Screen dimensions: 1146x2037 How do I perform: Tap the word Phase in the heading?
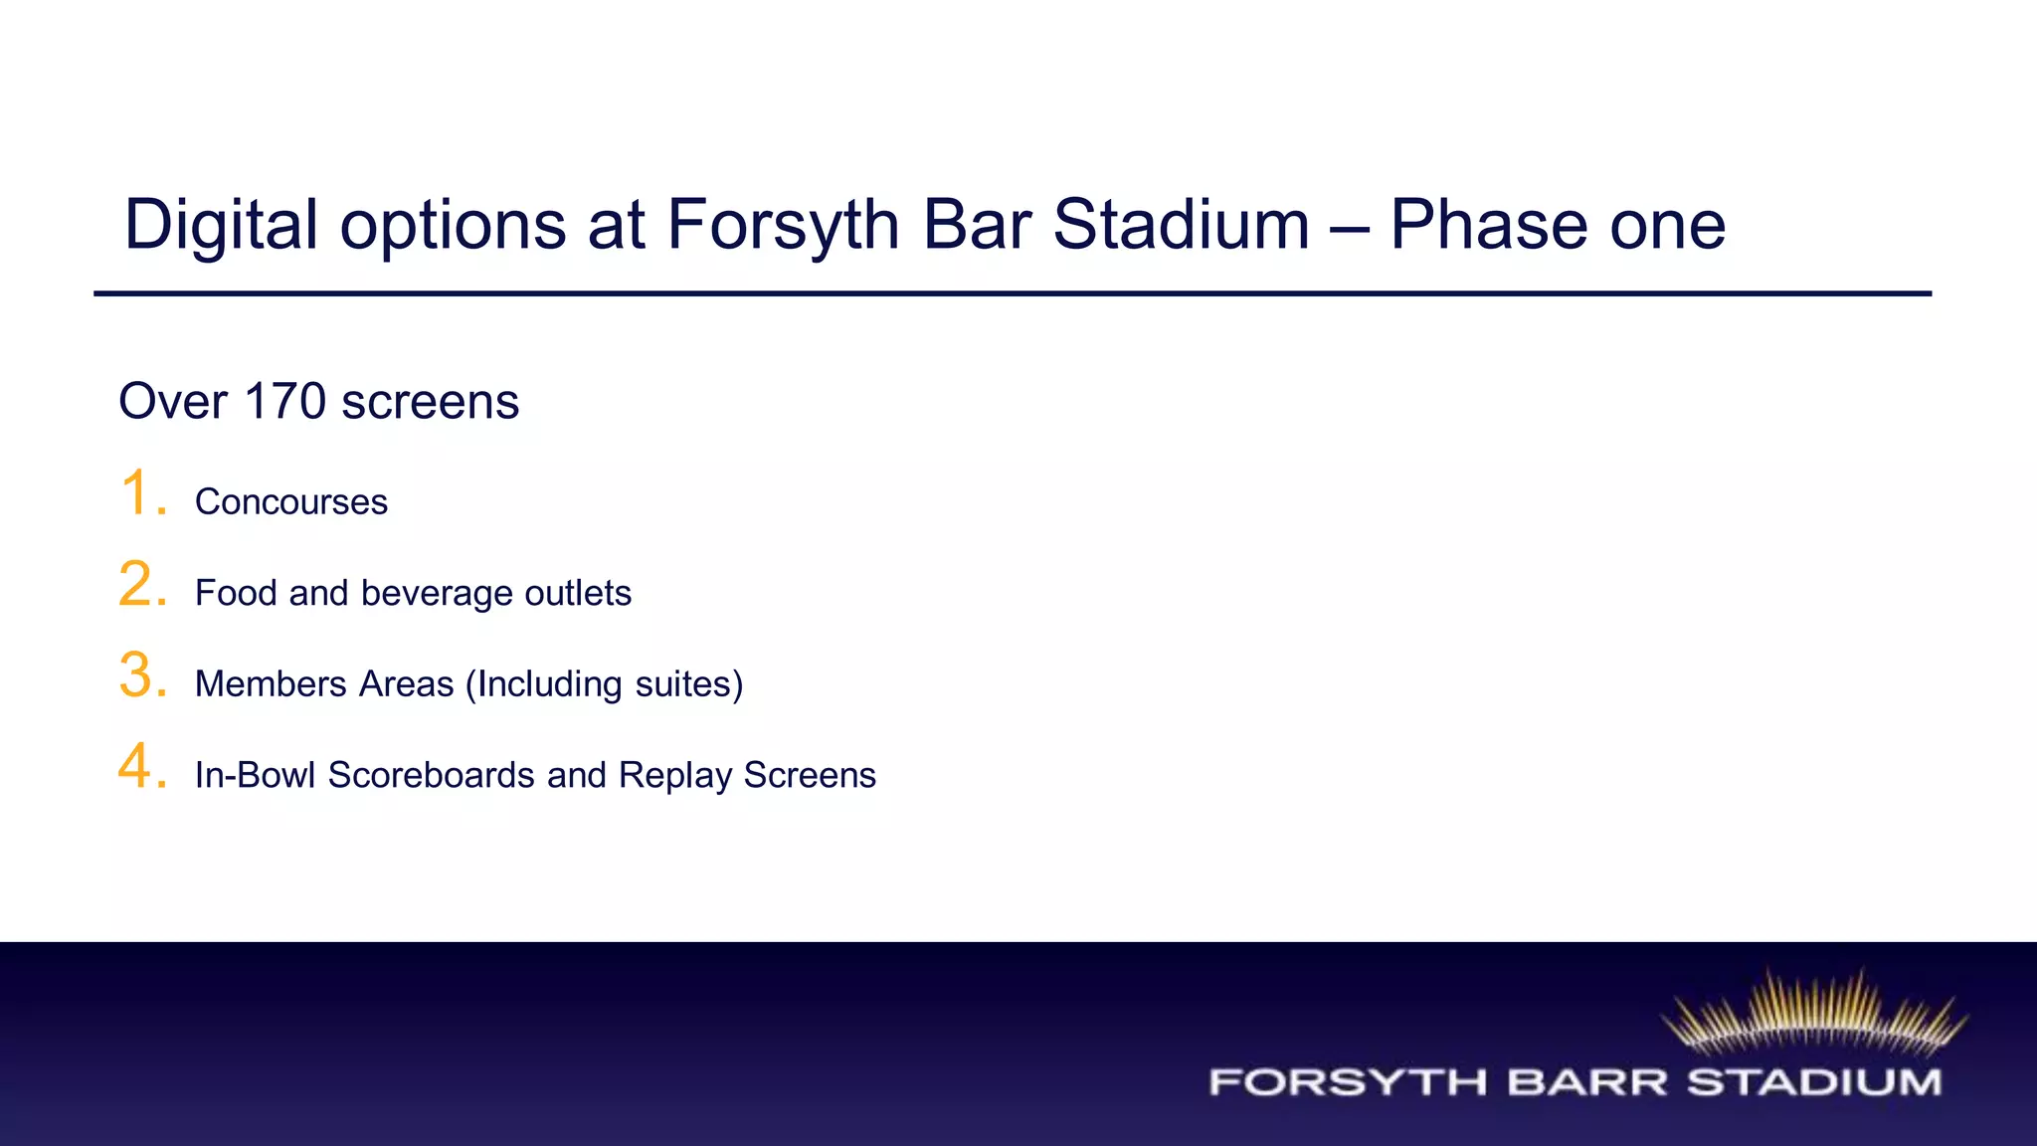(1488, 225)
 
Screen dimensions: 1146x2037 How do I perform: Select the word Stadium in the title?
(1181, 225)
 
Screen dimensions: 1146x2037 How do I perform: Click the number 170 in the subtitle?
(284, 402)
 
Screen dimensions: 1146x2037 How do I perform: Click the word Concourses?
(291, 502)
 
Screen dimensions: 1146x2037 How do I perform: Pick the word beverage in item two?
(437, 594)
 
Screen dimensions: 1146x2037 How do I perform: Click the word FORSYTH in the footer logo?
(1348, 1082)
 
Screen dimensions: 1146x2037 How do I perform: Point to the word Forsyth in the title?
(783, 225)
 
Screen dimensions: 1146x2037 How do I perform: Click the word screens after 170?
(430, 402)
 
